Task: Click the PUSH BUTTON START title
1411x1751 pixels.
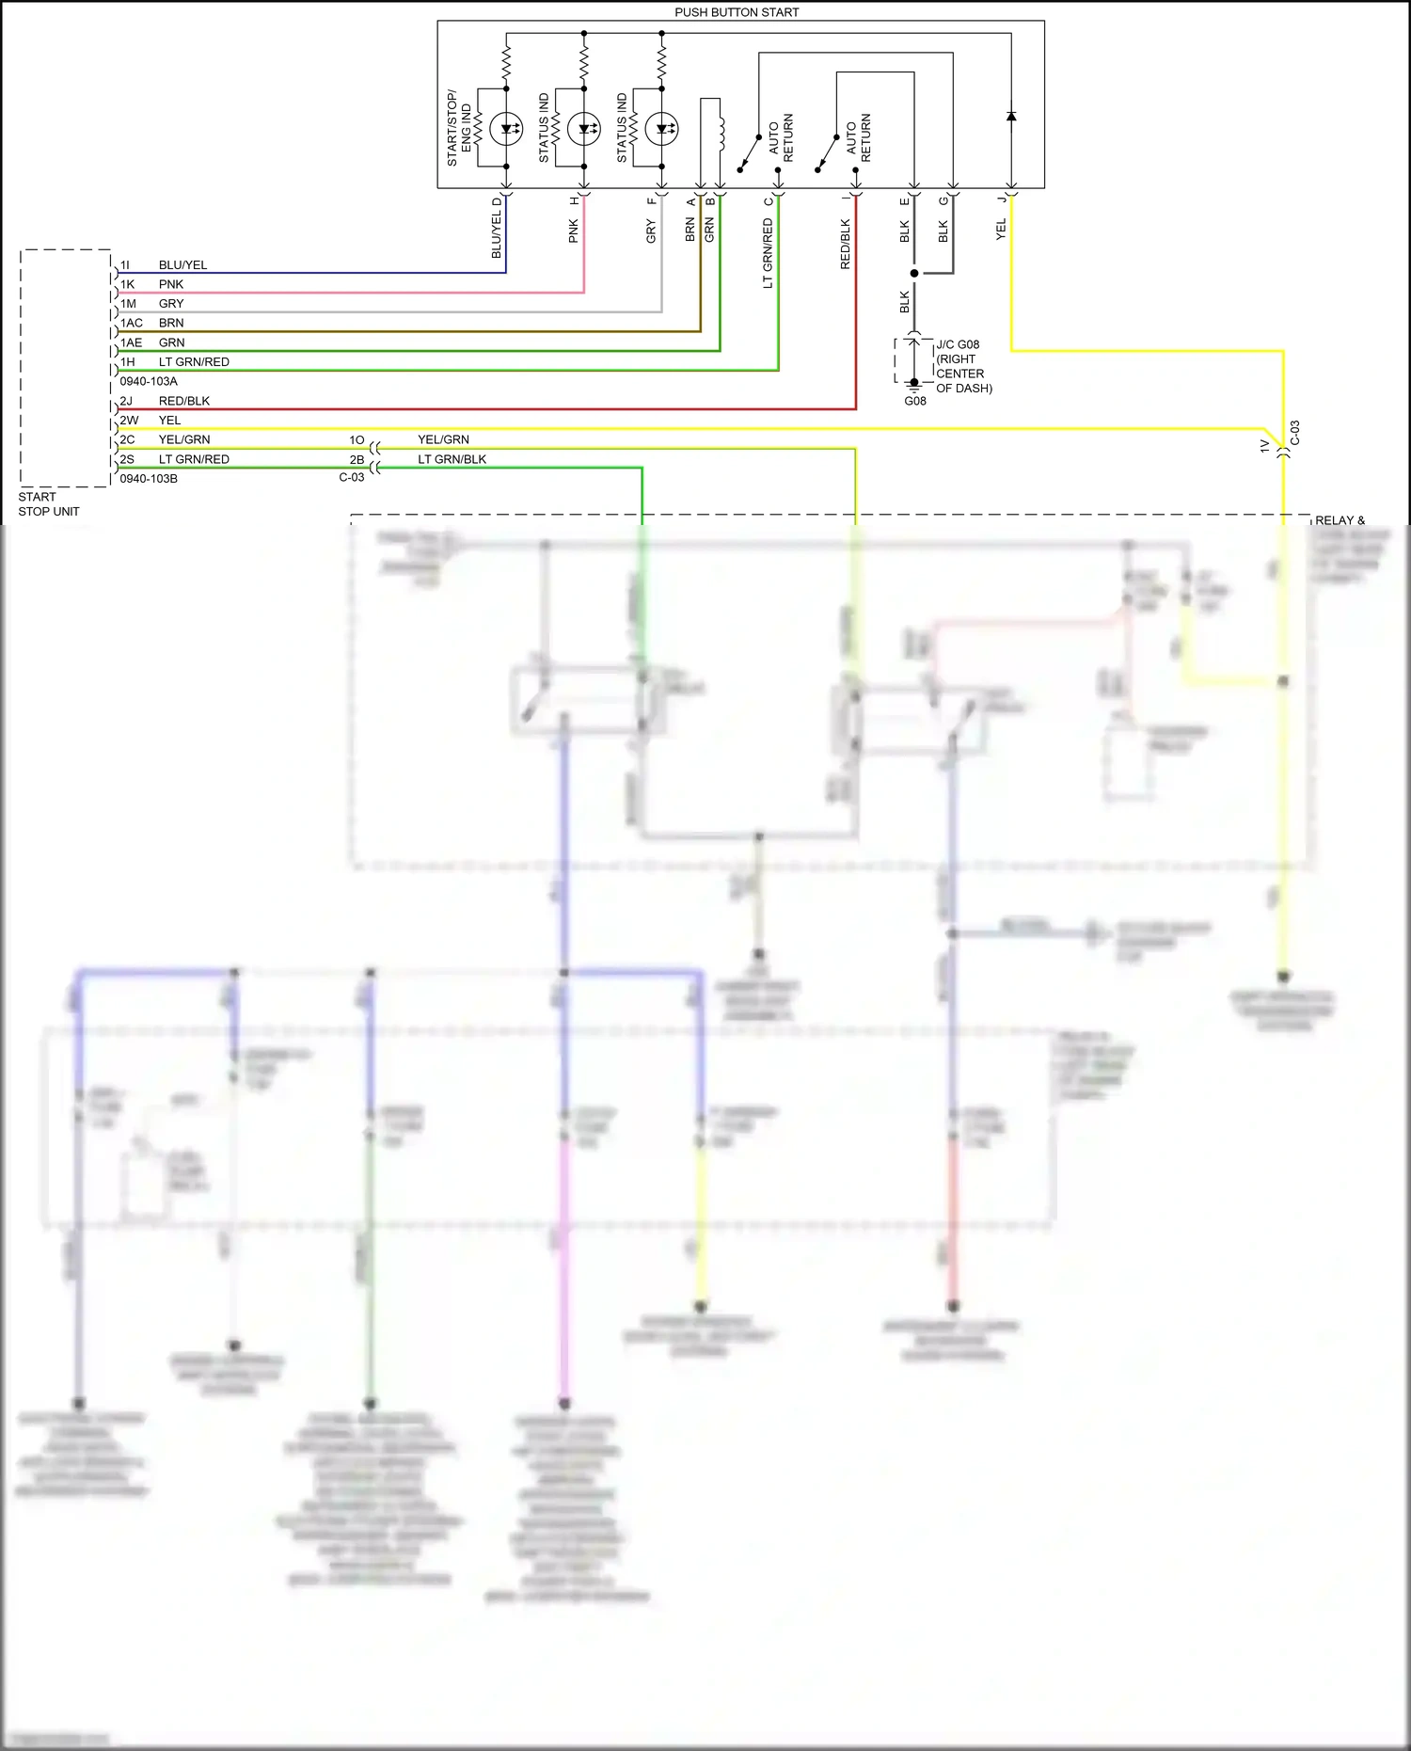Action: (737, 12)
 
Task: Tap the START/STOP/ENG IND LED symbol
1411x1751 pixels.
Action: (506, 129)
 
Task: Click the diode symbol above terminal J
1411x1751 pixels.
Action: (1011, 117)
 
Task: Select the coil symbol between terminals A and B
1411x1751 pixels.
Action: (721, 133)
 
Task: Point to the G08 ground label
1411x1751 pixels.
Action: (914, 401)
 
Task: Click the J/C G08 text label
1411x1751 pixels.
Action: (958, 344)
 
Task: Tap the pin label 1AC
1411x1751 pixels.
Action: (132, 323)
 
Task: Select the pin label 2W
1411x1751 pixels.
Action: (129, 421)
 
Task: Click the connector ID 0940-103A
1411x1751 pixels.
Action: (149, 381)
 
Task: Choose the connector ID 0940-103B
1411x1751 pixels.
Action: (149, 479)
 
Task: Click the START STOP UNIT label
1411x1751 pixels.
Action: (49, 504)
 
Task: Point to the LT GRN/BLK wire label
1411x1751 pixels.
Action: (452, 459)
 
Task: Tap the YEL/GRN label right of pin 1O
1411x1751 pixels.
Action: (443, 439)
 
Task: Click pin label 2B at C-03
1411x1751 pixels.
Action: (357, 459)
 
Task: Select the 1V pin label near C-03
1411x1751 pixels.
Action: (1264, 447)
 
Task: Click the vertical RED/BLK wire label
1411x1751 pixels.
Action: (845, 245)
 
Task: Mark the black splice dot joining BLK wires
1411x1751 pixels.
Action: (914, 273)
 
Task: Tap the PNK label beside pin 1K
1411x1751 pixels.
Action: (171, 284)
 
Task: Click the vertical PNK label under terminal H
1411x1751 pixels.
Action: (574, 231)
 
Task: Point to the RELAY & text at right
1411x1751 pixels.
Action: (1340, 520)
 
